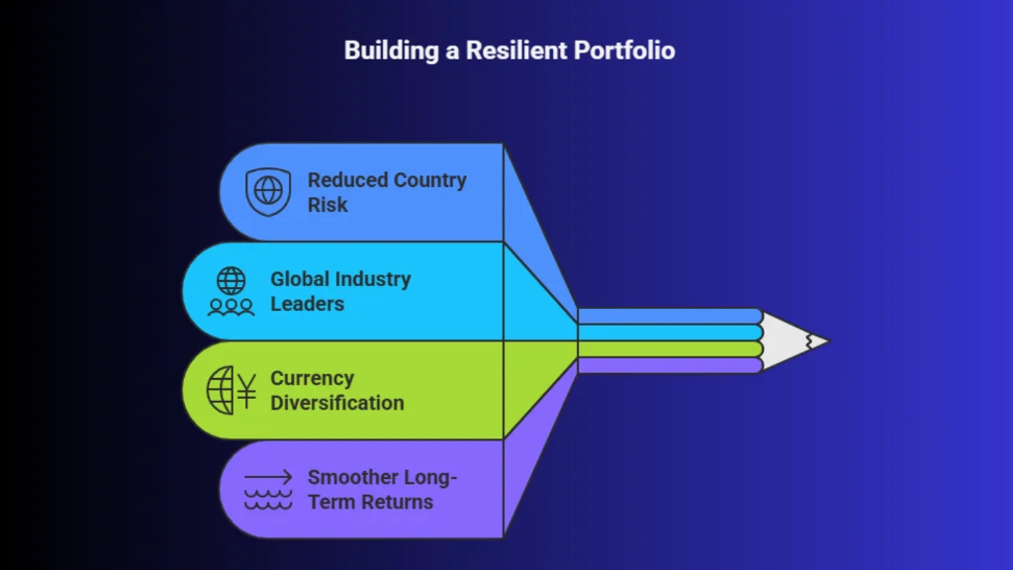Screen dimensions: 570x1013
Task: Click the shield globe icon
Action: (x=268, y=191)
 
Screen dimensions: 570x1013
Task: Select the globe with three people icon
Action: (x=230, y=292)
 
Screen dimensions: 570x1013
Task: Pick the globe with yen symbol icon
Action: (x=231, y=390)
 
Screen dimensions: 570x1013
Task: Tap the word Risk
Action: (x=327, y=205)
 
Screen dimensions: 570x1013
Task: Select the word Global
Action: (x=300, y=279)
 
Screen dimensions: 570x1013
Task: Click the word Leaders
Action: (x=308, y=304)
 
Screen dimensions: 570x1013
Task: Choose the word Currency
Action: (x=312, y=378)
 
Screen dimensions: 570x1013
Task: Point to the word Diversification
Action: (x=337, y=403)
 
